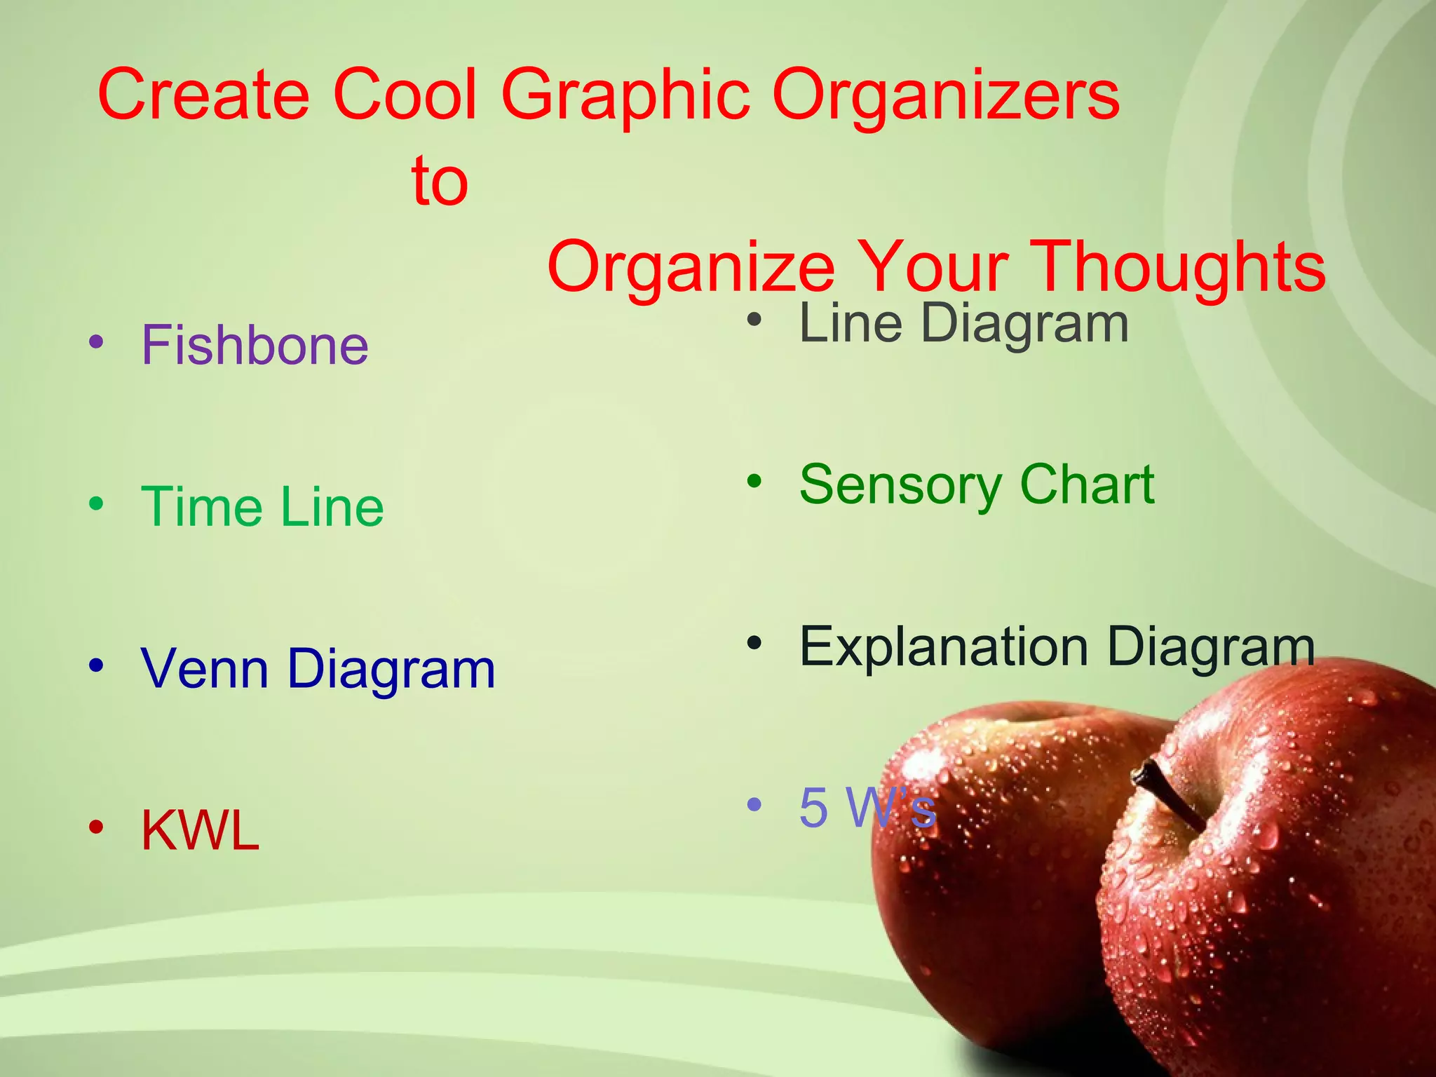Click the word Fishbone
(x=255, y=345)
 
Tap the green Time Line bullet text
(x=262, y=506)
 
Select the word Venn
(x=205, y=668)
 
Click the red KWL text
(x=201, y=830)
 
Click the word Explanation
(x=944, y=646)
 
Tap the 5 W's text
(x=867, y=808)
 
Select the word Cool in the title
(x=405, y=94)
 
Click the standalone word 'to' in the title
(x=440, y=181)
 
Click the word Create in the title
(x=203, y=94)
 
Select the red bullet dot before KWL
(x=96, y=827)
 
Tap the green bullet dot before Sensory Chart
(x=754, y=482)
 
